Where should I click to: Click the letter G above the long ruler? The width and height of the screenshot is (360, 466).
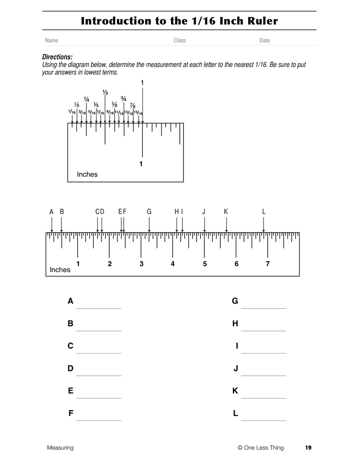tap(149, 212)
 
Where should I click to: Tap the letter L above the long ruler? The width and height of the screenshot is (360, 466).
tap(264, 212)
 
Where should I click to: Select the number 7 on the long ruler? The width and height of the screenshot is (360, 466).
tap(268, 264)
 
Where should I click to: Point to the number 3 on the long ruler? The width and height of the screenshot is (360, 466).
tap(141, 264)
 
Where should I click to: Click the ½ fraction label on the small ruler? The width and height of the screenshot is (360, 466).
tap(105, 92)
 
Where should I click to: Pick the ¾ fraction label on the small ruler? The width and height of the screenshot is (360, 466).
tap(123, 99)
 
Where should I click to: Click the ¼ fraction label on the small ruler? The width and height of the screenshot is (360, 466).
tap(86, 100)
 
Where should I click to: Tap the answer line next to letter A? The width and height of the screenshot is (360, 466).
tap(99, 308)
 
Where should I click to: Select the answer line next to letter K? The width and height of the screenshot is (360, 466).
tap(264, 397)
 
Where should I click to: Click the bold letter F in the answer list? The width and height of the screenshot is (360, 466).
tap(71, 413)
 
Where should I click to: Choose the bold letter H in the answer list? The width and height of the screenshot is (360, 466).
tap(235, 324)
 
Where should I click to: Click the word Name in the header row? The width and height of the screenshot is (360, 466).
tap(51, 41)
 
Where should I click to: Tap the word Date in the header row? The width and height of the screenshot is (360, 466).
tap(264, 41)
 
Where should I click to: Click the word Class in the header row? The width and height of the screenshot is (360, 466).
tap(180, 41)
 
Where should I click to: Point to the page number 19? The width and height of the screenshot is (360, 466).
tap(308, 448)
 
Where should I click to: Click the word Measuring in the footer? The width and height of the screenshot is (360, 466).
tap(60, 448)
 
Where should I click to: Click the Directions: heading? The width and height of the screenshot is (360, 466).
tap(57, 57)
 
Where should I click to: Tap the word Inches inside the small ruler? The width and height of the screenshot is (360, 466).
tap(87, 174)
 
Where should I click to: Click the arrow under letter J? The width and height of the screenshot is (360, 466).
tap(204, 224)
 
